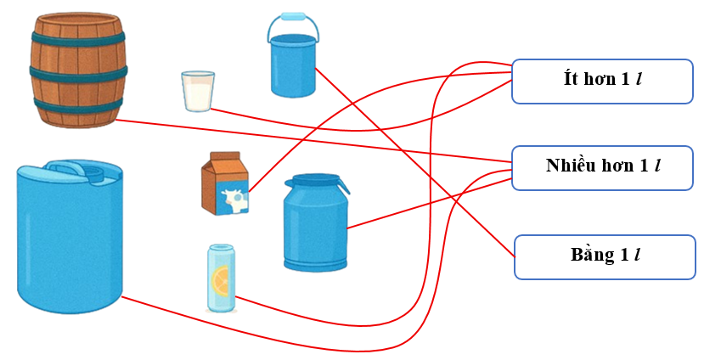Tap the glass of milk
tap(198, 91)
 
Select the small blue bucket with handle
tap(293, 63)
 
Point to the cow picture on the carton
tap(233, 200)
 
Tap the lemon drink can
tap(221, 278)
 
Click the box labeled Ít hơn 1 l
tap(602, 81)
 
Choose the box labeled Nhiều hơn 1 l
tap(602, 166)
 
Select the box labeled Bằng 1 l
tap(604, 256)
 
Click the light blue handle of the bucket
tap(293, 17)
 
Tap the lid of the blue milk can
tap(316, 181)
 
